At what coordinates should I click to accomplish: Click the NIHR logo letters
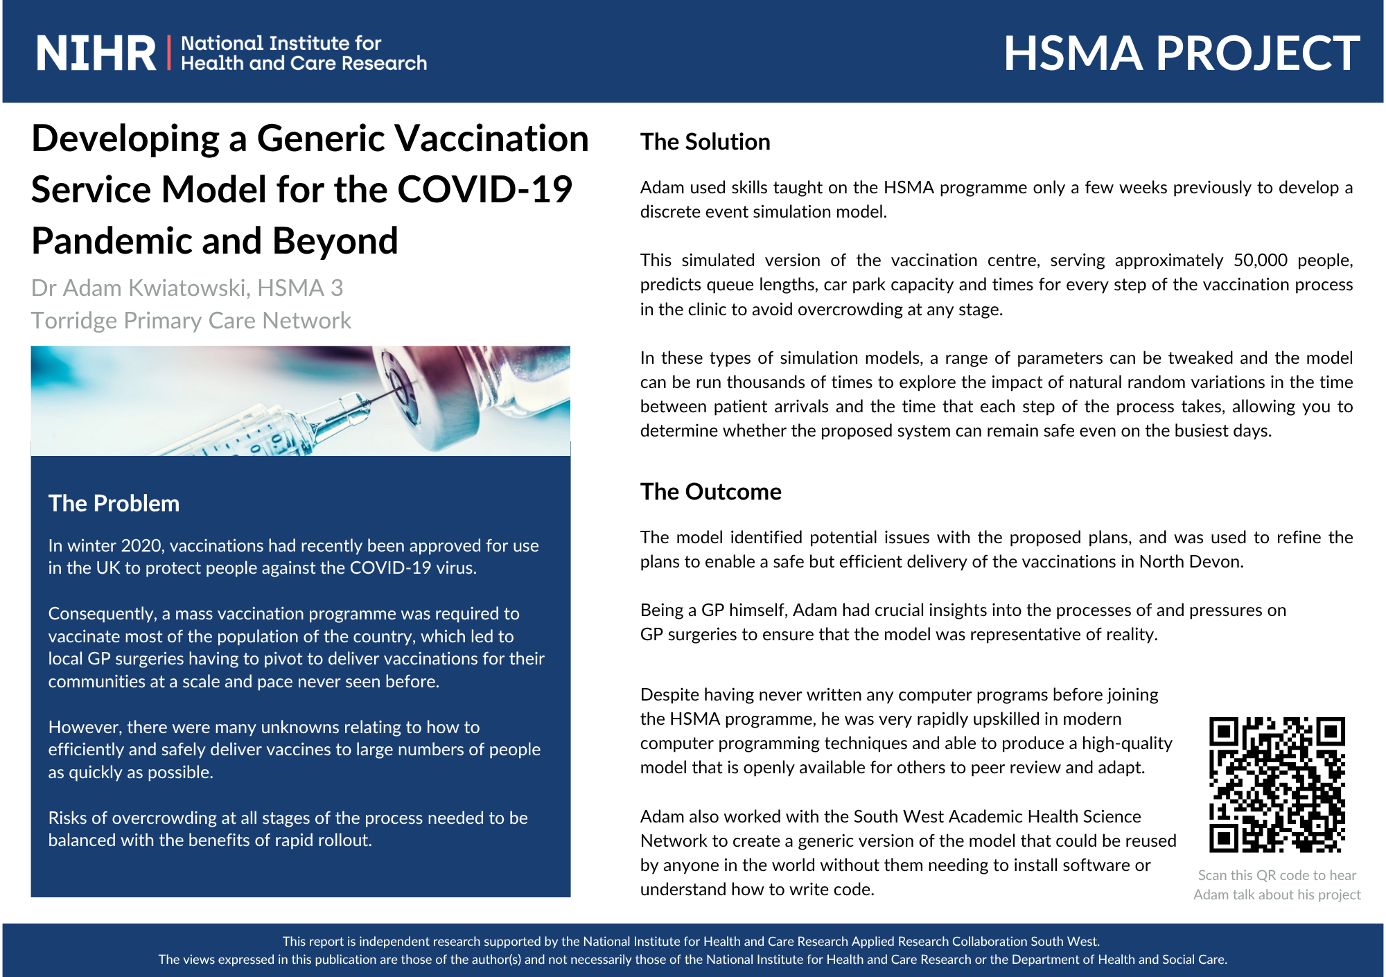96,53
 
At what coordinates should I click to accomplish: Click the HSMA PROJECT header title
1182,53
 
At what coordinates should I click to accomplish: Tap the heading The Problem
114,504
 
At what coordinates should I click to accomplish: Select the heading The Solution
705,142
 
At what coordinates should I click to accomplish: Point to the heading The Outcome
710,492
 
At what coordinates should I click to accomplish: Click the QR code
1277,784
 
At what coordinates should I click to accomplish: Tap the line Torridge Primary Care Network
191,321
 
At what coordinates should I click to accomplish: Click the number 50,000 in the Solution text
1260,261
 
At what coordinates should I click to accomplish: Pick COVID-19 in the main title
484,189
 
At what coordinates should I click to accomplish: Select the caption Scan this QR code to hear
1277,875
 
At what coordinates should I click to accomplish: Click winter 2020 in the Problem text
115,546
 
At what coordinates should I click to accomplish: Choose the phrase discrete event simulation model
764,212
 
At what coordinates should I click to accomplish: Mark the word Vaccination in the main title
492,138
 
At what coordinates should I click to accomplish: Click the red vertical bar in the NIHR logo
169,53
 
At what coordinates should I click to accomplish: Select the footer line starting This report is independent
691,942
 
